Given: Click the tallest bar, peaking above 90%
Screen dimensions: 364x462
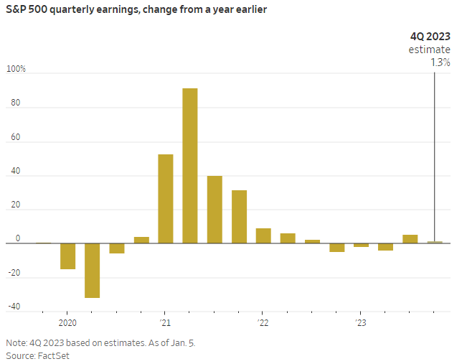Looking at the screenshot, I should point(190,166).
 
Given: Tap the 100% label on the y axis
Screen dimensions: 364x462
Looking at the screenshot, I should point(16,69).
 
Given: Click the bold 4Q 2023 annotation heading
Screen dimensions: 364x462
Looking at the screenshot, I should point(430,37).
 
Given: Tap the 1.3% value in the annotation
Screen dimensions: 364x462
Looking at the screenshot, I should point(440,62).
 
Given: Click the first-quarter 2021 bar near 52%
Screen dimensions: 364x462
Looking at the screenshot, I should point(166,199).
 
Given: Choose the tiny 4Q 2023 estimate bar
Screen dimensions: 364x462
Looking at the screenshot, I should point(435,242).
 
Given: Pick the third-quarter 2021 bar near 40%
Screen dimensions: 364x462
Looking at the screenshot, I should point(214,210).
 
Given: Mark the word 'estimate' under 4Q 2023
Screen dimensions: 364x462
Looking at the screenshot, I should point(430,50).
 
